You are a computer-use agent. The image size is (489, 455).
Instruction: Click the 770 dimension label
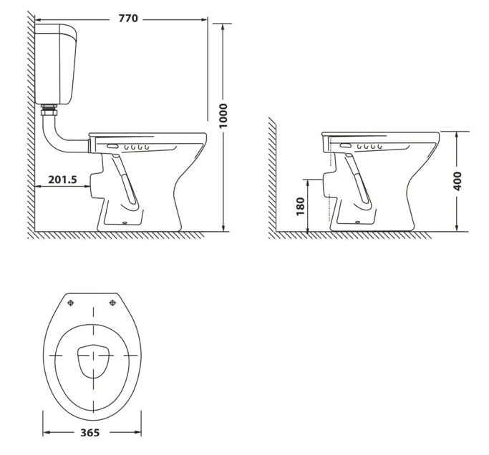coord(128,19)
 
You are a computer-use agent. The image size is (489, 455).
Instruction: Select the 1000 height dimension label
coord(223,116)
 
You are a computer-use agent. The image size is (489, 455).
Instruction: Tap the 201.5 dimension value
coord(62,180)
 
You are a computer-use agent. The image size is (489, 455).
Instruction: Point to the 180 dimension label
coord(301,206)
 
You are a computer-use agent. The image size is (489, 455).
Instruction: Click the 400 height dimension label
coord(458,180)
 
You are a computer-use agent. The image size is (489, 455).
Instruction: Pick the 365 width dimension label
coord(89,432)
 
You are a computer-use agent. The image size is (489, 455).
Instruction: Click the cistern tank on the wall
coord(58,64)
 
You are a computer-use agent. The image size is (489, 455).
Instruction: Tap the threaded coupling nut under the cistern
coord(49,111)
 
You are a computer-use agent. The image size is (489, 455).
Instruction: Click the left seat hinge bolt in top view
coord(70,303)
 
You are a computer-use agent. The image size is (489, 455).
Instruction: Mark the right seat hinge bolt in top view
coord(112,303)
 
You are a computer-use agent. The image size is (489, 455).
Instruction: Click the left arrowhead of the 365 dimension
coord(46,432)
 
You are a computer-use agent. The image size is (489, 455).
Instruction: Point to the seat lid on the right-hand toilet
coord(379,134)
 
